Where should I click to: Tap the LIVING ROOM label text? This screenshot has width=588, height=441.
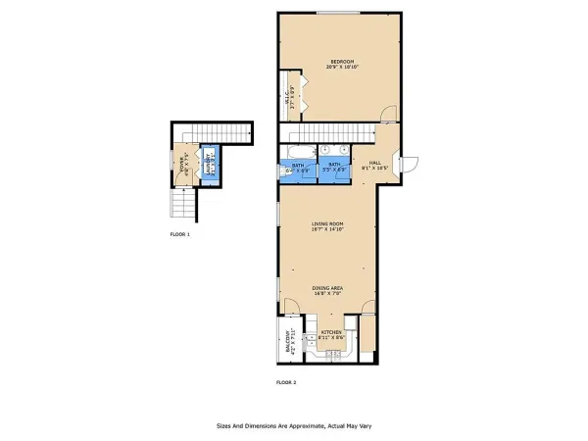[326, 224]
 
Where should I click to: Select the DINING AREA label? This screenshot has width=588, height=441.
[326, 287]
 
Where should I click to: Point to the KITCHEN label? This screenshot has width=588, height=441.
[332, 333]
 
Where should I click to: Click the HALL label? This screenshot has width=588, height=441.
[374, 163]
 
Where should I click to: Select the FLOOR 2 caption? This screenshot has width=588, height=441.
[286, 381]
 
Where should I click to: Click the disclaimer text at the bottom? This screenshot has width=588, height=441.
[294, 426]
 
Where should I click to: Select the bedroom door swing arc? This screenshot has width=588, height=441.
[389, 115]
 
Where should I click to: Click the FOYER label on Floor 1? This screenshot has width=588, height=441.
[180, 163]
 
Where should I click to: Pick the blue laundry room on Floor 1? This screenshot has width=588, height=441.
[209, 163]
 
